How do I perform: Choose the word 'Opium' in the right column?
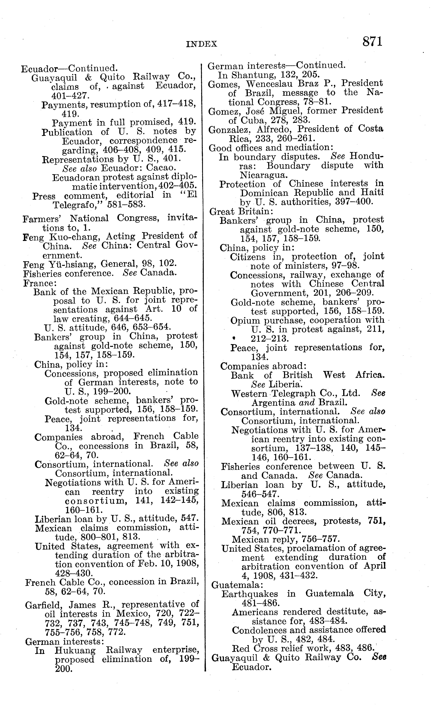(245, 321)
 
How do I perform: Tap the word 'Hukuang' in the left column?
(75, 651)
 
